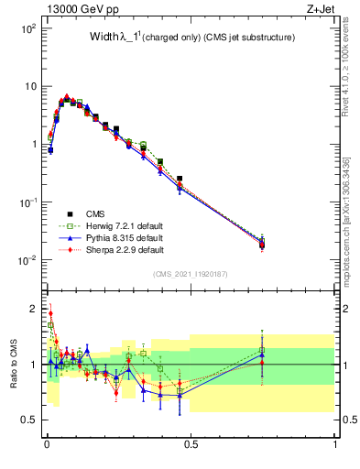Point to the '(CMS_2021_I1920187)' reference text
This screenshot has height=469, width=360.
[x=191, y=274]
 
